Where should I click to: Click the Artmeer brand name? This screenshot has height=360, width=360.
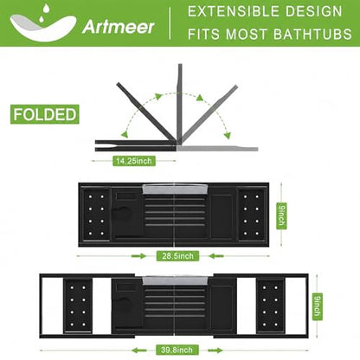tap(119, 27)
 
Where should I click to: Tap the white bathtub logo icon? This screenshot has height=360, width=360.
tap(42, 23)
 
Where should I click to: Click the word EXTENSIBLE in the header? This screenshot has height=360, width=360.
tap(233, 11)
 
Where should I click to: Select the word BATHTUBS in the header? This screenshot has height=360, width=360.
tap(312, 34)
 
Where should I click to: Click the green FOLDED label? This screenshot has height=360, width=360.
tap(45, 114)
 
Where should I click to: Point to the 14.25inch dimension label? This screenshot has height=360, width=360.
tap(133, 161)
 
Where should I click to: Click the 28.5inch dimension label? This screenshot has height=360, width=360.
tap(177, 256)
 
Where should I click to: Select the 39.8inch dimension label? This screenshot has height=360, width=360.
tap(177, 350)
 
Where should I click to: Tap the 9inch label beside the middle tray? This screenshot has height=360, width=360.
tap(281, 215)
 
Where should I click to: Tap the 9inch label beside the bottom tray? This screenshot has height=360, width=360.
tap(318, 306)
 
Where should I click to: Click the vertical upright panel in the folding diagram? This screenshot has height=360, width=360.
tap(180, 103)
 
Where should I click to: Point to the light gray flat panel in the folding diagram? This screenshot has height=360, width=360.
tap(217, 148)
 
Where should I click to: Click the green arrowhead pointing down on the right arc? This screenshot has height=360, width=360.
tap(228, 135)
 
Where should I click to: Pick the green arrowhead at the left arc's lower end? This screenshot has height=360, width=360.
tap(125, 134)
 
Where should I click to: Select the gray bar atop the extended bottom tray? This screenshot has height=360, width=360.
tap(175, 280)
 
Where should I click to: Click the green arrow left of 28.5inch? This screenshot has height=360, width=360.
tap(138, 256)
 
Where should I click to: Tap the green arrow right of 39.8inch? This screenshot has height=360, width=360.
tap(215, 350)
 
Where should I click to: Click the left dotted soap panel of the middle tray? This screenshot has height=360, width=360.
tap(96, 215)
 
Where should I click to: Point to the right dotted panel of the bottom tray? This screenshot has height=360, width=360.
tap(271, 306)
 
